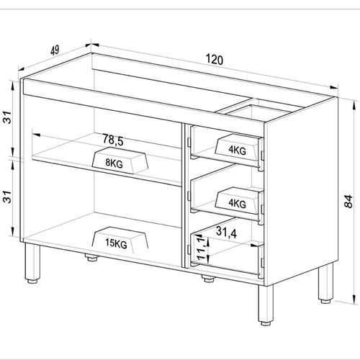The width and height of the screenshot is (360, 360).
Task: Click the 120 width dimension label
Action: pos(215,60)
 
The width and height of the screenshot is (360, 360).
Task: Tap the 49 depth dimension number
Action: pos(55,50)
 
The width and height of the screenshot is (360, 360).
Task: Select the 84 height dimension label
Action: pos(348,201)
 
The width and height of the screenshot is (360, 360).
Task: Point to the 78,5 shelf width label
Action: pos(113,140)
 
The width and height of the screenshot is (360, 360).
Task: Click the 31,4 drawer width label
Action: pos(226,232)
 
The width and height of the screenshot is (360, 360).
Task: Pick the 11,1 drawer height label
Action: pos(202,248)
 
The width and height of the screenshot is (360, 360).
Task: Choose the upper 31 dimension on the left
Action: pos(7,117)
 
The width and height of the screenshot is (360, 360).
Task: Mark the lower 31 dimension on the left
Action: pos(7,197)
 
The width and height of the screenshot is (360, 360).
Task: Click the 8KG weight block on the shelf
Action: pos(120,161)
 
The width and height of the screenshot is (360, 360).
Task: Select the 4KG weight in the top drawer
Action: pos(237,147)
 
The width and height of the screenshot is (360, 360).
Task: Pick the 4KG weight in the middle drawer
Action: pos(237,200)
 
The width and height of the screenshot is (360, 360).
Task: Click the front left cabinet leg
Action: pos(32,264)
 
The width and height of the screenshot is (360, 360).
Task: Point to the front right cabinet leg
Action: pos(266,305)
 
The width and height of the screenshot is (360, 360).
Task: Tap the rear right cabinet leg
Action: pos(325,283)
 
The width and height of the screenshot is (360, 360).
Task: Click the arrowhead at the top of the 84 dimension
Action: pos(354,105)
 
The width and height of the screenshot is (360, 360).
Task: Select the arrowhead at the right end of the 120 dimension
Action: pos(334,87)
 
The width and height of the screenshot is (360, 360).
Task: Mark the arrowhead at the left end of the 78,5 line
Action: pos(35,134)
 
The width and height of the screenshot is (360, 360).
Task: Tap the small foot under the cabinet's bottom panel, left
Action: pos(91,258)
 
